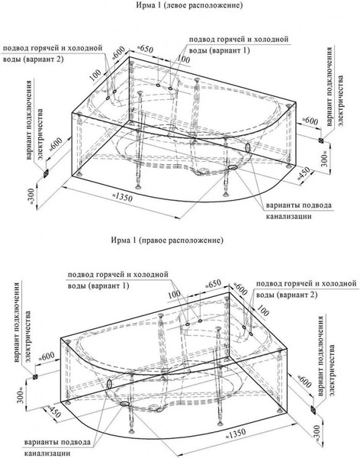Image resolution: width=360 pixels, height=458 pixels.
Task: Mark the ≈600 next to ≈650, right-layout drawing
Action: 239,287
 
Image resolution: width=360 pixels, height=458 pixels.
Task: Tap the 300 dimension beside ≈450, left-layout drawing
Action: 323,159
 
